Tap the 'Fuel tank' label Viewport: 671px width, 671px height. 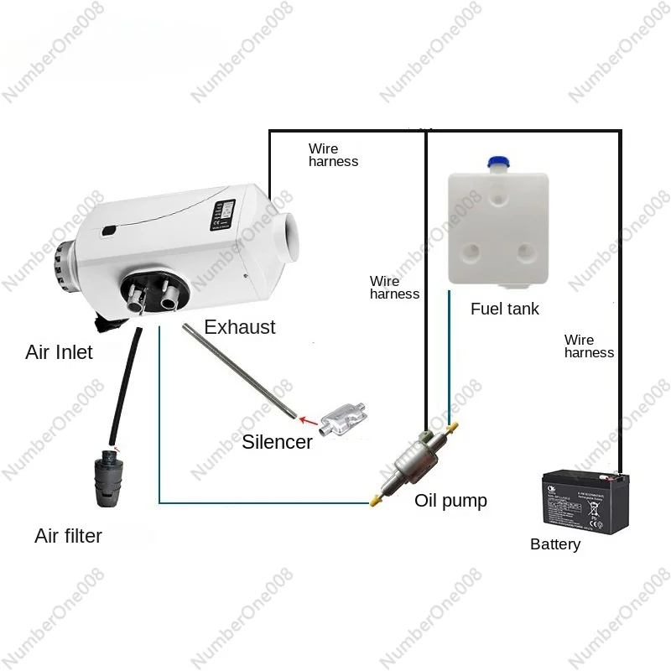[504, 309]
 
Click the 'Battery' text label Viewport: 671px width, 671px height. [555, 544]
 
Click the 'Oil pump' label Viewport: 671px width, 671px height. [450, 501]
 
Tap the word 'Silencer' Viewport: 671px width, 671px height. [277, 442]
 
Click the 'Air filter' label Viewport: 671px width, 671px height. [68, 536]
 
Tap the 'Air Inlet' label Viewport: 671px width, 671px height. [59, 352]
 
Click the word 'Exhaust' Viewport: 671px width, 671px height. [240, 327]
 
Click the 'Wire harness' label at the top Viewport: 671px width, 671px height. [333, 155]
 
